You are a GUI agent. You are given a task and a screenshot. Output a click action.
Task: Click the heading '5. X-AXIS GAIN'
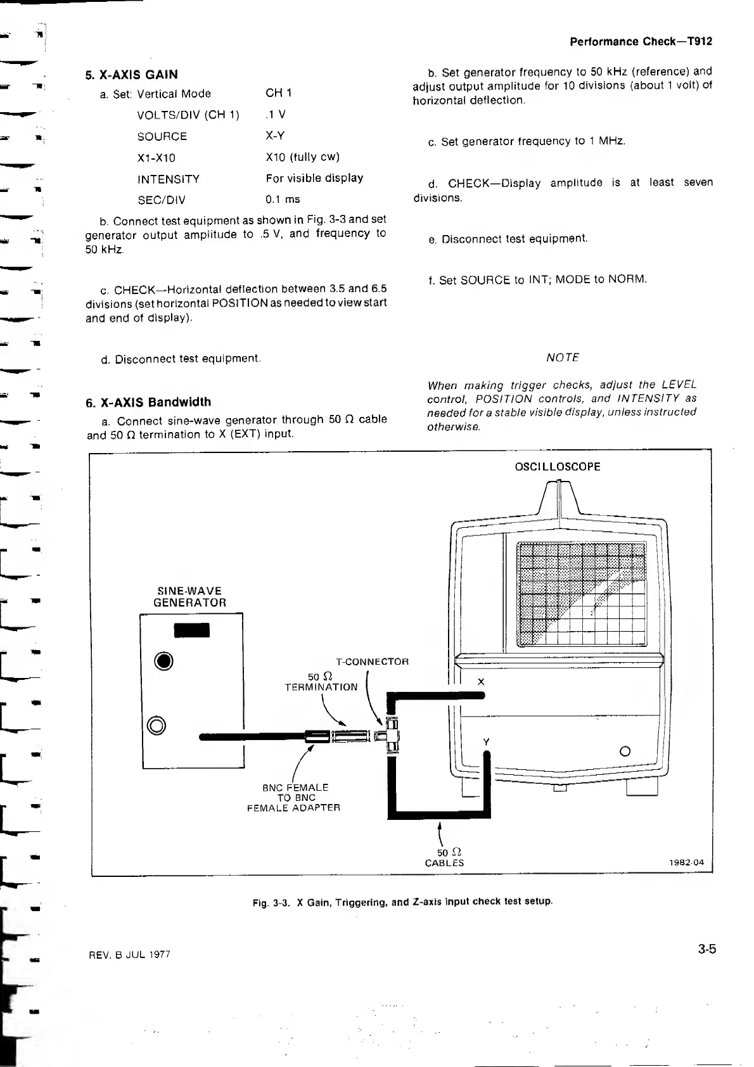[x=131, y=75]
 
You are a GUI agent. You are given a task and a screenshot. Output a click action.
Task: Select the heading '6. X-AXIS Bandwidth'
[x=148, y=402]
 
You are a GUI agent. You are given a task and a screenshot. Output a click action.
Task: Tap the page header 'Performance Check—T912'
[x=641, y=42]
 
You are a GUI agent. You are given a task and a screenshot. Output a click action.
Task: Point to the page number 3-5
[x=707, y=949]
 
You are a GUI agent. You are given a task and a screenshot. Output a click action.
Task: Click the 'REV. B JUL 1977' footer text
[x=129, y=954]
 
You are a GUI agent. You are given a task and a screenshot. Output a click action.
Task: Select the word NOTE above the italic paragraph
[x=563, y=358]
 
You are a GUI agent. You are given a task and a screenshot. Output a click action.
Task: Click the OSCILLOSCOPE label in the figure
[x=558, y=467]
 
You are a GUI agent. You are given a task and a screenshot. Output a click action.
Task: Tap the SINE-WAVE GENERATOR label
[x=189, y=597]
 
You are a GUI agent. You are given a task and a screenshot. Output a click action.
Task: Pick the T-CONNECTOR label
[x=372, y=662]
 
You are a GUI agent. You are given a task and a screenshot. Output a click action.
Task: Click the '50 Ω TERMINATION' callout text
[x=321, y=682]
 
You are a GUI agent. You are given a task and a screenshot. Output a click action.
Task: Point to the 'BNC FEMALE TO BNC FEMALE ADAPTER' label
[x=294, y=798]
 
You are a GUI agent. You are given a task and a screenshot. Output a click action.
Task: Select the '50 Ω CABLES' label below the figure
[x=444, y=857]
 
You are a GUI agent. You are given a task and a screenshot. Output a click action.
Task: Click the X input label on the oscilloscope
[x=481, y=682]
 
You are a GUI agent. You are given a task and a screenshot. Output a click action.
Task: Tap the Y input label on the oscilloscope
[x=486, y=742]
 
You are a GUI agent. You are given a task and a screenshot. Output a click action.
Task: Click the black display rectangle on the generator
[x=191, y=630]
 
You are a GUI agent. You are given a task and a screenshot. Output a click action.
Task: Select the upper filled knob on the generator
[x=164, y=662]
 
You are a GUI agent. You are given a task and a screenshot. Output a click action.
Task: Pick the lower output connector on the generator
[x=156, y=725]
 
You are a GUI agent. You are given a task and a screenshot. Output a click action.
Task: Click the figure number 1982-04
[x=686, y=863]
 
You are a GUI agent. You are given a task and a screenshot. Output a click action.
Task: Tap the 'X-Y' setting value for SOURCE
[x=276, y=136]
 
